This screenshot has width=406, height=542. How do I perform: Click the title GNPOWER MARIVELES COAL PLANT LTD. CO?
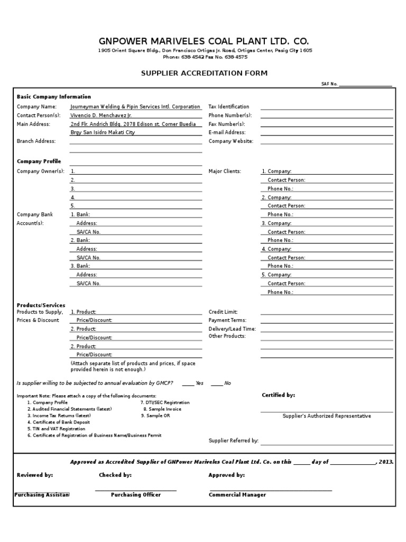204,41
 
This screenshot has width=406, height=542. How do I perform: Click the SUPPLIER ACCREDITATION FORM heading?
204,73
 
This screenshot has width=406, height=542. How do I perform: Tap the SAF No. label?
329,84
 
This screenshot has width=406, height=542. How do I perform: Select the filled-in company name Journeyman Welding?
135,106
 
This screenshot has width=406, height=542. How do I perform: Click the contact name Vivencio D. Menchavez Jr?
101,115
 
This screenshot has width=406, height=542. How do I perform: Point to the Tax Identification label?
229,106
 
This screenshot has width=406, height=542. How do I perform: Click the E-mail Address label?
227,132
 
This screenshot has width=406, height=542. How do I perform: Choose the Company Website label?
231,141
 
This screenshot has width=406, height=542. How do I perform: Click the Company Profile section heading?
39,161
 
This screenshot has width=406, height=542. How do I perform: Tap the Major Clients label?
225,171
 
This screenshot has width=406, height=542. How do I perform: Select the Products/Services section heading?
41,305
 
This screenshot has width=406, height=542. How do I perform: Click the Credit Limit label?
223,312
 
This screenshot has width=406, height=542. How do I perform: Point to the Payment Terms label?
227,320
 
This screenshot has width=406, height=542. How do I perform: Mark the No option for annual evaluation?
221,383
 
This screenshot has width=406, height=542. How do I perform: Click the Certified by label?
279,395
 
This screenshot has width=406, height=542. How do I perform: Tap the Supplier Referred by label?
233,440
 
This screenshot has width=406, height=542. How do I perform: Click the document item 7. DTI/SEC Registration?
164,402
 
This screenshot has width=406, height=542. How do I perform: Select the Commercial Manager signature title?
237,495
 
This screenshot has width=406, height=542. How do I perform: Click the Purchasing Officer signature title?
136,495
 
